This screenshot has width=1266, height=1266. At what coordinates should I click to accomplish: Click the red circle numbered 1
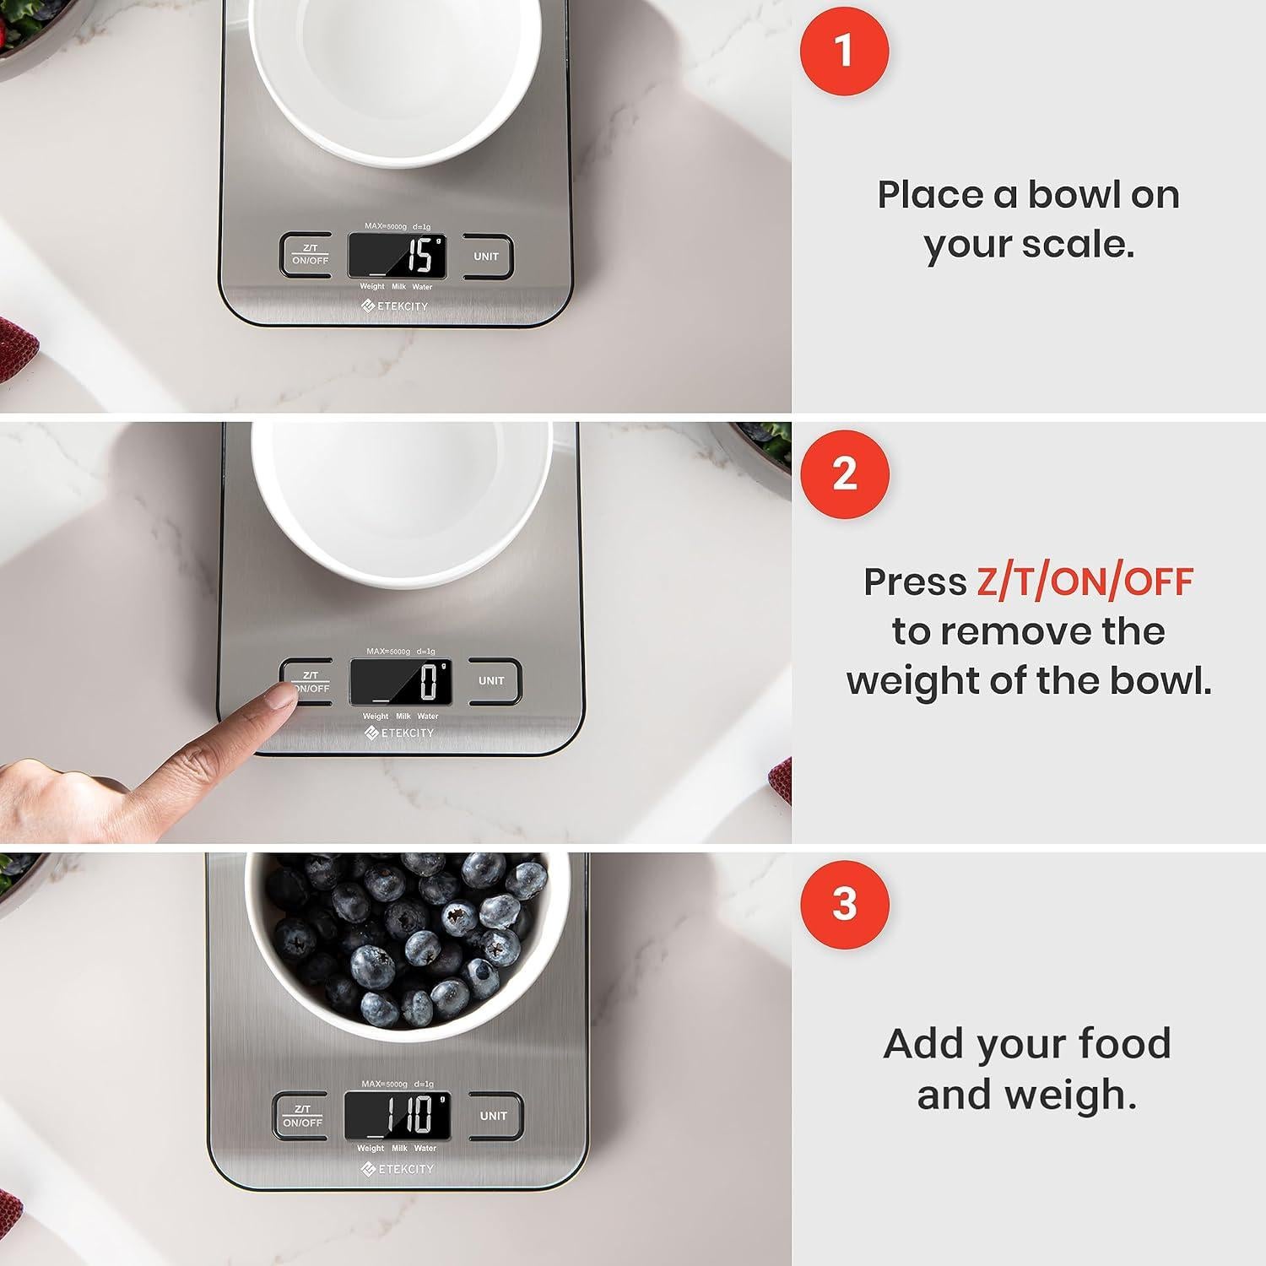844,51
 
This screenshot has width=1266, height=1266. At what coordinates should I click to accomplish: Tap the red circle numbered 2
844,474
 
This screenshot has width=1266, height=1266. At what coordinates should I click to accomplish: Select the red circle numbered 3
844,904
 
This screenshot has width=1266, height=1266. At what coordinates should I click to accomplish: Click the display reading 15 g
397,256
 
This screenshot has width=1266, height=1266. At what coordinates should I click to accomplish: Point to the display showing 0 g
400,681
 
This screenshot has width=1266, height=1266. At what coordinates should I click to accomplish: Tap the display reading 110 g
397,1115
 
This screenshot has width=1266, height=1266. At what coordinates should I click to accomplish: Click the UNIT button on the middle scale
491,680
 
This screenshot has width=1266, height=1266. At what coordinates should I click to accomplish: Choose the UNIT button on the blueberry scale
494,1116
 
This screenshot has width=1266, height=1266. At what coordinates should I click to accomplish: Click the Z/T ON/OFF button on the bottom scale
302,1116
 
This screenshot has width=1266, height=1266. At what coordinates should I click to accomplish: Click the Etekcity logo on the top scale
395,306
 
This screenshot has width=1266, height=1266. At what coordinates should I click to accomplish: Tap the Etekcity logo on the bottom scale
398,1169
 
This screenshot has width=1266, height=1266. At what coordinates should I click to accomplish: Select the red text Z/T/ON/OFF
1085,582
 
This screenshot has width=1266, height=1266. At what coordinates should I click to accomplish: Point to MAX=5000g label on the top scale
386,226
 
